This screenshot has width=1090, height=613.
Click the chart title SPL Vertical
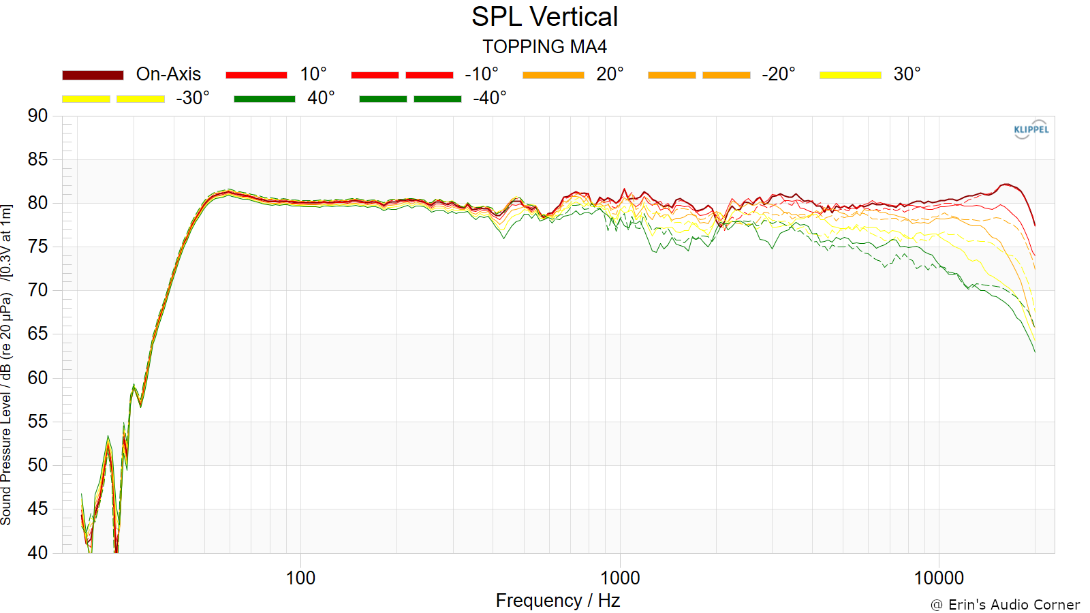pos(544,17)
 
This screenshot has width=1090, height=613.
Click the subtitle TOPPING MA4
pos(544,47)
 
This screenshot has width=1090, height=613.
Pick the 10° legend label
pos(313,74)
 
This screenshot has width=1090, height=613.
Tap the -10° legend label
pos(482,74)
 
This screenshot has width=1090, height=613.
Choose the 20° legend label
pos(610,74)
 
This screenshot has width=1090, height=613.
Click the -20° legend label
pos(779,74)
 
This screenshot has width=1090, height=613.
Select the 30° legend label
pos(907,74)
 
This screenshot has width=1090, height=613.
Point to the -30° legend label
pos(193,98)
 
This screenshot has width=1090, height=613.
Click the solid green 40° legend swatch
pos(265,99)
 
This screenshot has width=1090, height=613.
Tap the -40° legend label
pos(490,98)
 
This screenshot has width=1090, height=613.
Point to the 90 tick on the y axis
pos(37,116)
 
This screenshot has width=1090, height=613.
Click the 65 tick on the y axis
pos(37,334)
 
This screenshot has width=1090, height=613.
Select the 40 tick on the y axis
pos(37,552)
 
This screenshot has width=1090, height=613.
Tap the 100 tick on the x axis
pos(300,578)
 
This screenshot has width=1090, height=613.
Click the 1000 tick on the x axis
pos(619,578)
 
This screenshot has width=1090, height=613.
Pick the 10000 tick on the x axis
pos(939,578)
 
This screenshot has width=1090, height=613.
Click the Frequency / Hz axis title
pos(558,601)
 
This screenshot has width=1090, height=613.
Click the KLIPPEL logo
pos(1031,129)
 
